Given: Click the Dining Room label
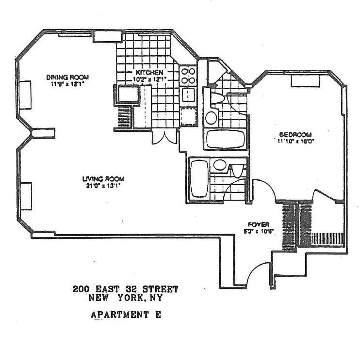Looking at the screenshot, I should [67, 78].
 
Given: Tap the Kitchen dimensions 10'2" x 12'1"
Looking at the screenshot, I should [150, 79].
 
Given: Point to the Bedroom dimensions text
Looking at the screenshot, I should [295, 142].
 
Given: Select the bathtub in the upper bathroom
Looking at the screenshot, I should [227, 139].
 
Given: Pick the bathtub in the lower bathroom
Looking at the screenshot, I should [198, 180].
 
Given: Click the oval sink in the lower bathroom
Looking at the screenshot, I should [220, 165].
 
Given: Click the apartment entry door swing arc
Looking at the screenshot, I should [258, 273].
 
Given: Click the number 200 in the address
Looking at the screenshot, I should [81, 289].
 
